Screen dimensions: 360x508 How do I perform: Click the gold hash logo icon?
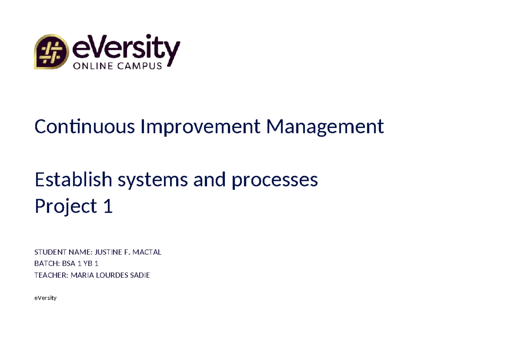pos(51,52)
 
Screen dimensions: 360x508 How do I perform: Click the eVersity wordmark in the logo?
pos(127,47)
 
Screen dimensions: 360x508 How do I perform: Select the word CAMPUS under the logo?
pos(141,66)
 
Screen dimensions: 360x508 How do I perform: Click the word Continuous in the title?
pos(84,127)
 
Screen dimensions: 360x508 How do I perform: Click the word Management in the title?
pos(325,127)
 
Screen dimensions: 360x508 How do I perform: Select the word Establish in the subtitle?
pos(73,180)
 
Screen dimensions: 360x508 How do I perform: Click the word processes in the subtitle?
pos(275,181)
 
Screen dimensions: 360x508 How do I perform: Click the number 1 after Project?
pos(108,207)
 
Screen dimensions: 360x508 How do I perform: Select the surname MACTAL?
pos(147,252)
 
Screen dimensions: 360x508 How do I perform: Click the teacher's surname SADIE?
pos(139,275)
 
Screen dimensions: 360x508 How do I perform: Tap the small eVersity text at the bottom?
pos(45,298)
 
